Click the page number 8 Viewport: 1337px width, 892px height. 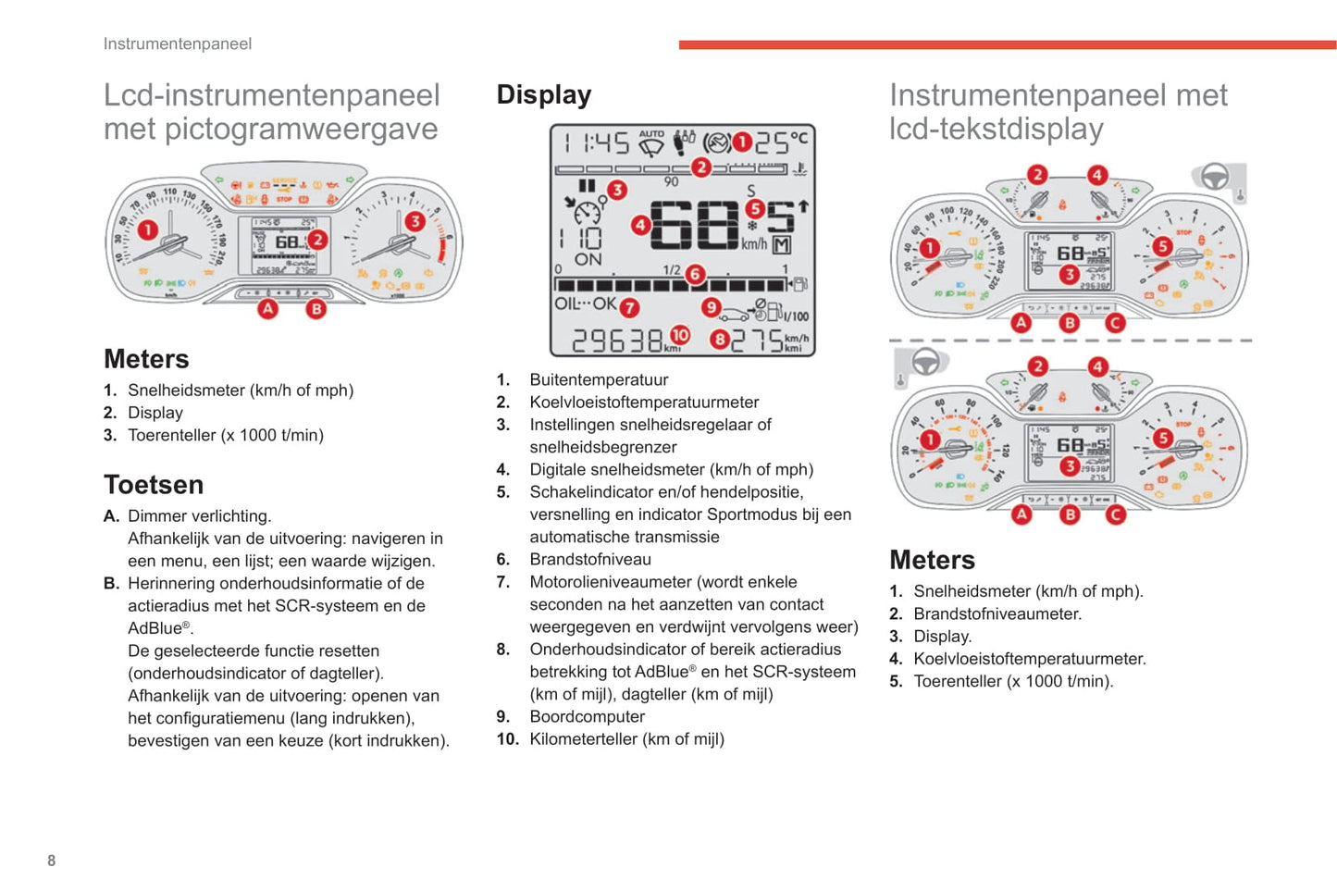[x=51, y=861]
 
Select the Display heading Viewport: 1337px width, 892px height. [x=543, y=94]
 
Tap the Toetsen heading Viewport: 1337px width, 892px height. [x=153, y=484]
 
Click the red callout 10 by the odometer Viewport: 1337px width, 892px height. [x=680, y=336]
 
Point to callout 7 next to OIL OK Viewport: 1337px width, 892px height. [x=629, y=307]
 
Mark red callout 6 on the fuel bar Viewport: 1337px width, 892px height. [x=695, y=274]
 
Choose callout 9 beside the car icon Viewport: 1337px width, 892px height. [x=711, y=307]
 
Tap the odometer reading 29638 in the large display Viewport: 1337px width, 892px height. [x=617, y=341]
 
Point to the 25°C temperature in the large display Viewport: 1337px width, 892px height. [x=781, y=142]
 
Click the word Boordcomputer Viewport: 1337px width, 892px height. [x=587, y=716]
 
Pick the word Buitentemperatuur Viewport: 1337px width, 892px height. [x=599, y=379]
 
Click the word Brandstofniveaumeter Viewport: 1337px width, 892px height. [x=997, y=613]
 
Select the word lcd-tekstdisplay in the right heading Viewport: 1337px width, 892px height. [x=996, y=129]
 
